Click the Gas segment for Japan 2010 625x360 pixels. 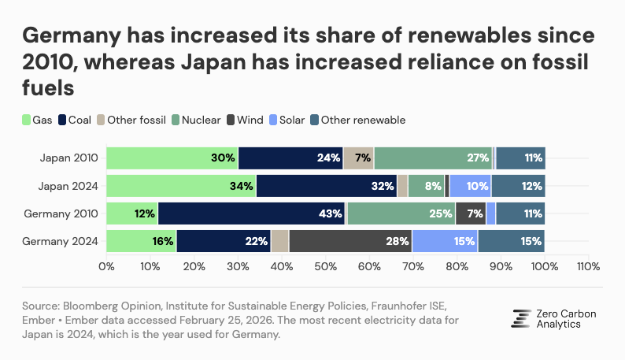[172, 158]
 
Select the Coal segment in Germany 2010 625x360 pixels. [252, 213]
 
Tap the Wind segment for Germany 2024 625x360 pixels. [350, 241]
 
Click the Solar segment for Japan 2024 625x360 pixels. [470, 186]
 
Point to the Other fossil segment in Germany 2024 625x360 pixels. [279, 241]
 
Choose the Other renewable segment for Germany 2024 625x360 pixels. [511, 241]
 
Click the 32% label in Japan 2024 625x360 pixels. [383, 186]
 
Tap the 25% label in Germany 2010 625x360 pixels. [441, 213]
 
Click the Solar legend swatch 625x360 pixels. [275, 120]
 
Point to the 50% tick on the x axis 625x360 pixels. [325, 266]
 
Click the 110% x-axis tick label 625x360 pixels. [587, 266]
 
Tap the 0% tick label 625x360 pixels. [106, 266]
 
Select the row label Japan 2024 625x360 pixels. [68, 186]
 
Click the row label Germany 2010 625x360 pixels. [62, 213]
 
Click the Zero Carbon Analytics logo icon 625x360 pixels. [521, 317]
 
